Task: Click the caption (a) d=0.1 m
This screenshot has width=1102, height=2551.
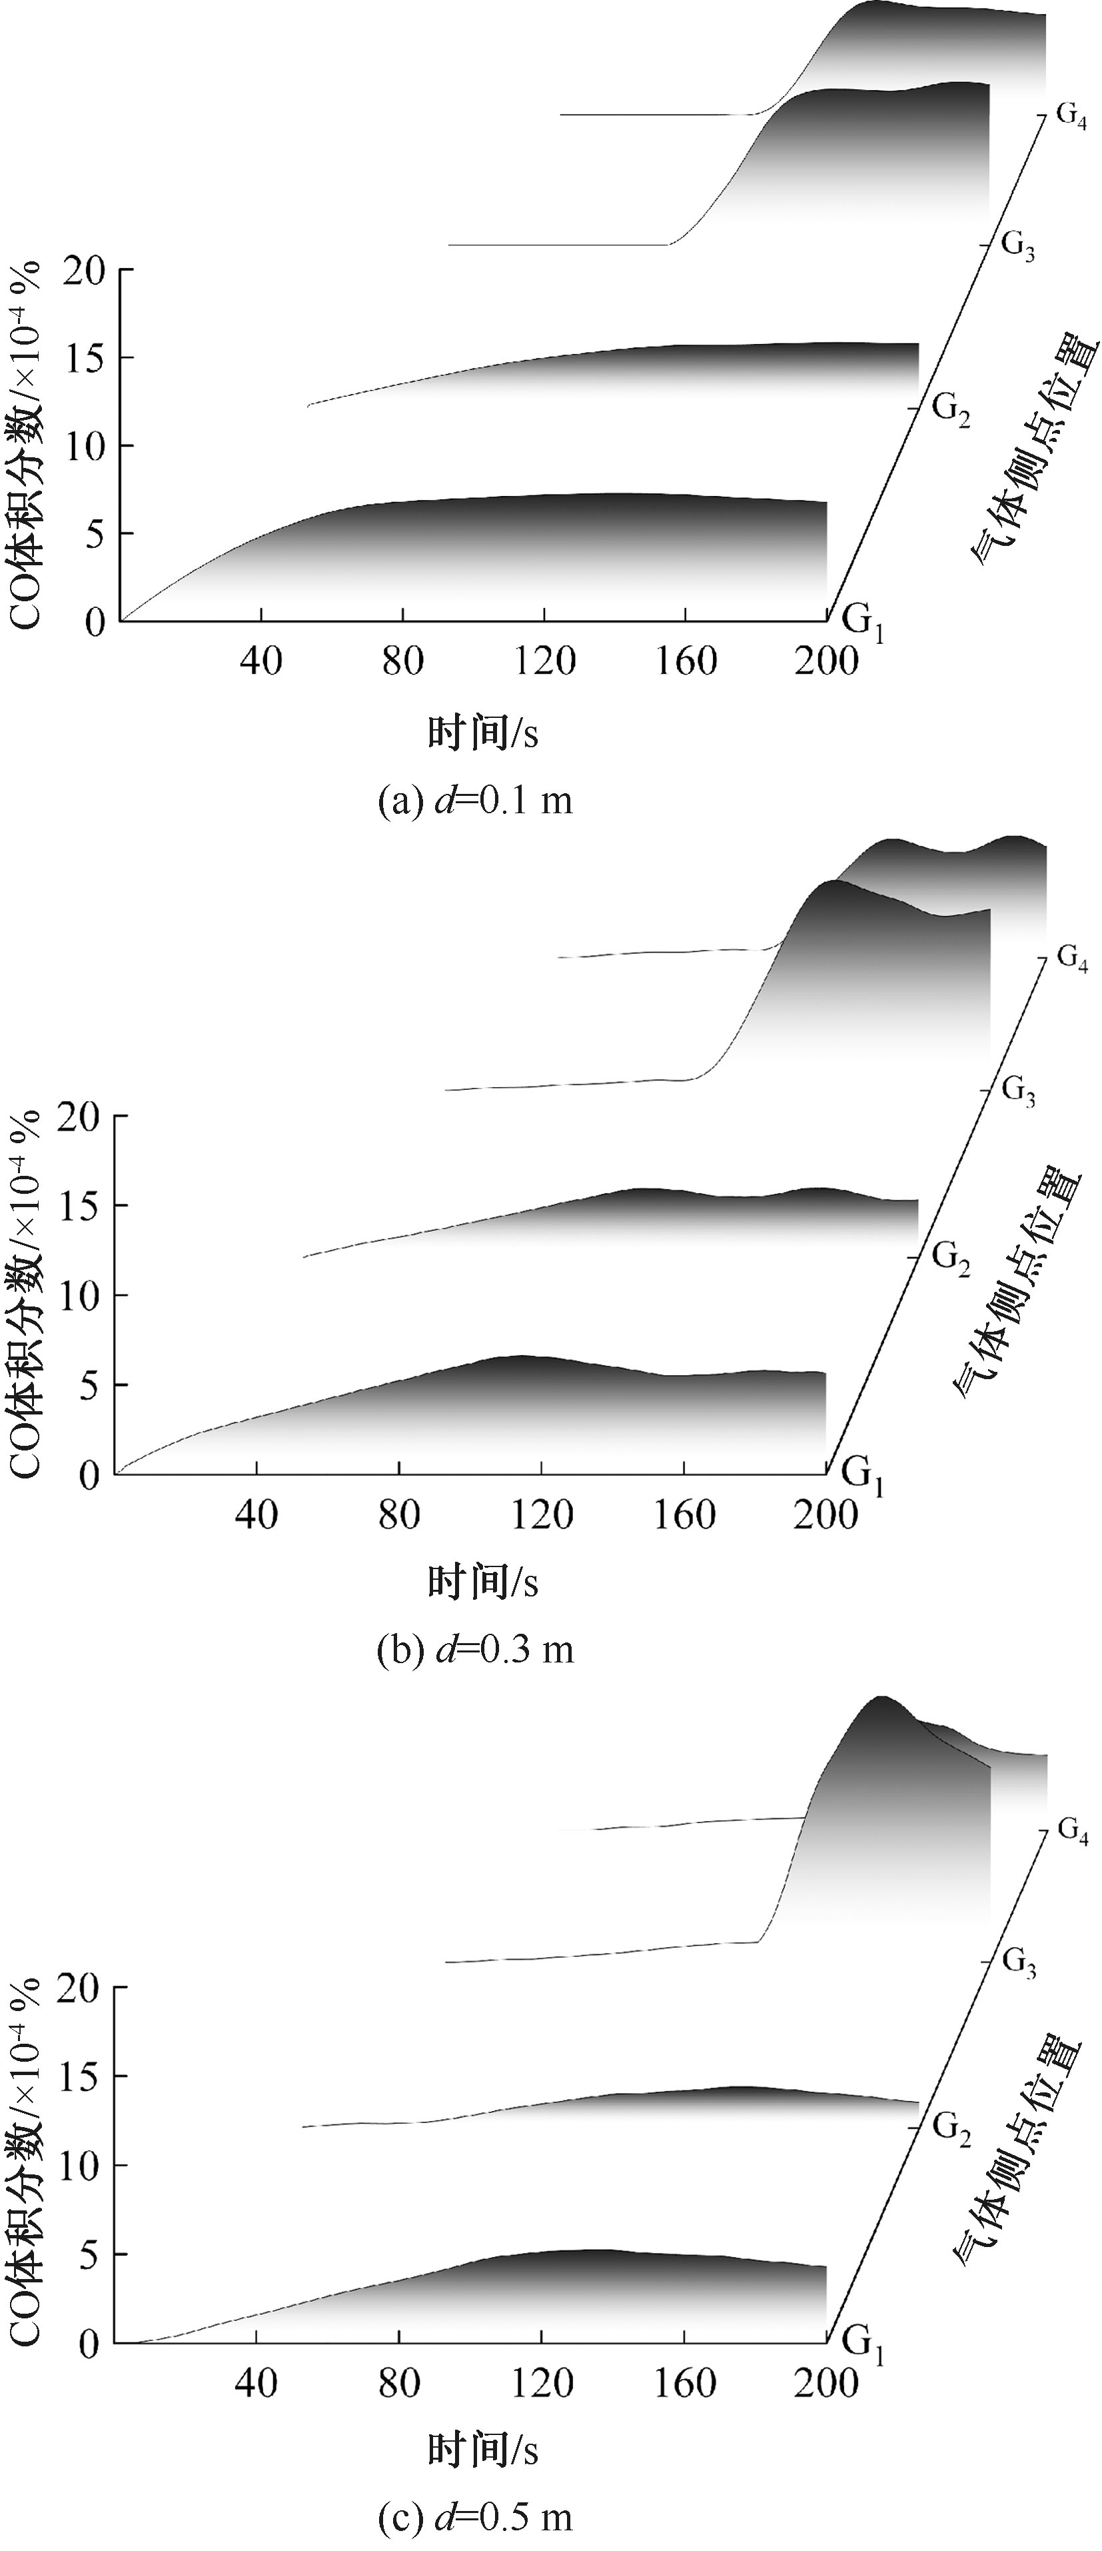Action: (x=475, y=800)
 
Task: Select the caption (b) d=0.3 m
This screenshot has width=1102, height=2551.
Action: (x=475, y=1650)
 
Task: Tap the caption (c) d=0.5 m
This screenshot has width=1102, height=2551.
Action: (x=475, y=2516)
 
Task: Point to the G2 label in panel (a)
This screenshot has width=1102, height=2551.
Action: (x=951, y=408)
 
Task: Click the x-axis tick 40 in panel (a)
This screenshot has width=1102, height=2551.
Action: (x=261, y=659)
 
